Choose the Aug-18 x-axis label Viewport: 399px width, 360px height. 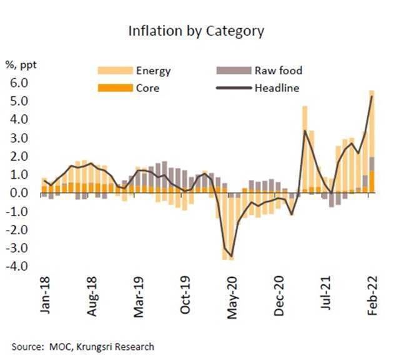(x=92, y=296)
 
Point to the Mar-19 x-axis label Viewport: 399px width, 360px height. (x=139, y=296)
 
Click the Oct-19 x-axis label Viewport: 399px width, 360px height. (x=185, y=296)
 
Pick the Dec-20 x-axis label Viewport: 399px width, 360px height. (x=279, y=296)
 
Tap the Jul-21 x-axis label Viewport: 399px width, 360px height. (x=326, y=294)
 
